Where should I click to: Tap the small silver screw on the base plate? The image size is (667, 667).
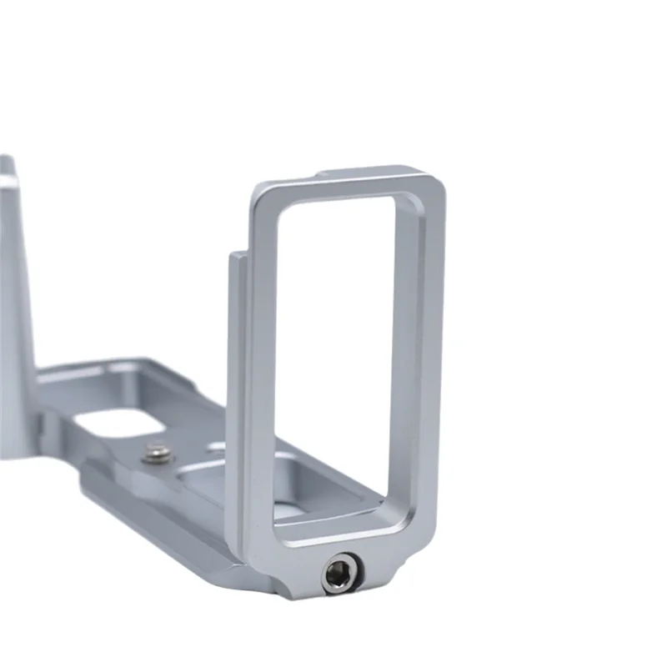click(156, 454)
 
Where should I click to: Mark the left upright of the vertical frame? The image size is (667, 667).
click(260, 359)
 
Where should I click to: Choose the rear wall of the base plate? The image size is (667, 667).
click(117, 371)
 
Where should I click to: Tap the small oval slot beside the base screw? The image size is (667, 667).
click(215, 448)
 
